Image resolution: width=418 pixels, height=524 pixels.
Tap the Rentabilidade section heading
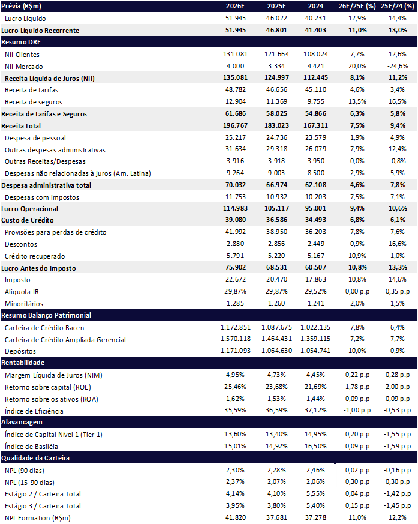coord(24,363)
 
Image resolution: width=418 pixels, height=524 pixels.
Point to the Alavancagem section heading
coord(23,422)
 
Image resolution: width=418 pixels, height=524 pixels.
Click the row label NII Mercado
coord(23,66)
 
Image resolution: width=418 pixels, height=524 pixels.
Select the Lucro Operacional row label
coord(30,209)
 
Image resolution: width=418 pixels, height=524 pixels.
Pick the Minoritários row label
coord(24,304)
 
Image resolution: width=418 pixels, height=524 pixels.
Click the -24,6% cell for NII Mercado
coord(395,66)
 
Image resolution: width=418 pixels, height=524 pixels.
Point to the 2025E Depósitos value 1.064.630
coord(276,351)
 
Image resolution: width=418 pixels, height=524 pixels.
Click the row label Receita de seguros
coord(33,102)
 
